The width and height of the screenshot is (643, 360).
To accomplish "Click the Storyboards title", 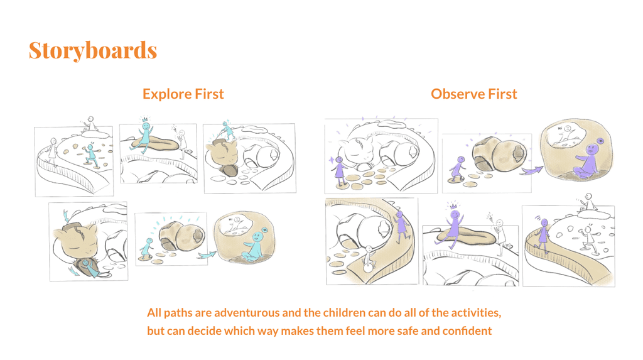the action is click(x=93, y=50).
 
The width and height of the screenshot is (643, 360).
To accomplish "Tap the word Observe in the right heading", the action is click(x=451, y=94).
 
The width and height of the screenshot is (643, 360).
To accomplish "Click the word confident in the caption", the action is click(x=467, y=331).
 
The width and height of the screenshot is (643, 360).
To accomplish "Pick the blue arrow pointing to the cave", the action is click(x=207, y=255).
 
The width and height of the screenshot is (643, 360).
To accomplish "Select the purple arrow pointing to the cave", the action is click(x=532, y=170).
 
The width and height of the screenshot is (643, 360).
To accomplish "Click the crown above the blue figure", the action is click(x=145, y=119).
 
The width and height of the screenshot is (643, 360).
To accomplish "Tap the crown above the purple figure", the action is click(x=453, y=205).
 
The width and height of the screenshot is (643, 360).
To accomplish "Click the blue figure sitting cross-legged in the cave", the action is click(x=254, y=247).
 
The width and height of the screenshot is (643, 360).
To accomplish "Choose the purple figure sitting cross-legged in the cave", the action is click(x=588, y=161).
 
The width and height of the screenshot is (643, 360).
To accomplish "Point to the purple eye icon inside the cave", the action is click(x=601, y=141).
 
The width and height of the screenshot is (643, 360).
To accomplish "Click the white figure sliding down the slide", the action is click(x=369, y=259).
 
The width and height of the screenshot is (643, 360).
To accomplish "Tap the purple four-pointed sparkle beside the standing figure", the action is click(x=332, y=160).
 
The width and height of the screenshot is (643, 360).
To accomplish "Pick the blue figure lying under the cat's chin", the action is click(x=85, y=265).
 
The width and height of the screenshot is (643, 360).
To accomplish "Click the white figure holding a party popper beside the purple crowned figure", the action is click(x=500, y=236).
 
